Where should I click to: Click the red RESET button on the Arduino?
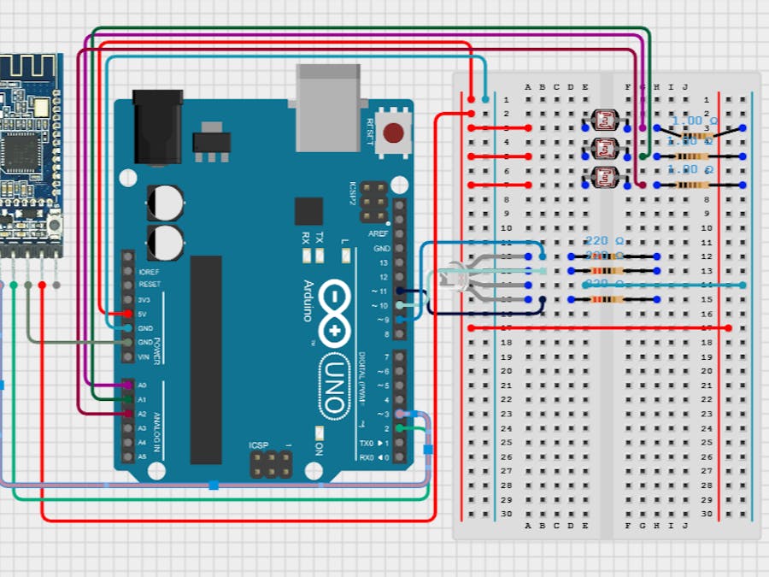(393, 133)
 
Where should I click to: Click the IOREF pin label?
(150, 271)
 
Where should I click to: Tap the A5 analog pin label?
(142, 456)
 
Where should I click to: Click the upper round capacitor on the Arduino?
(165, 203)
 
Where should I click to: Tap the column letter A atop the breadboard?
(528, 86)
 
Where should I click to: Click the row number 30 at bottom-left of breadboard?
(506, 514)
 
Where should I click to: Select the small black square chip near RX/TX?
(308, 211)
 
